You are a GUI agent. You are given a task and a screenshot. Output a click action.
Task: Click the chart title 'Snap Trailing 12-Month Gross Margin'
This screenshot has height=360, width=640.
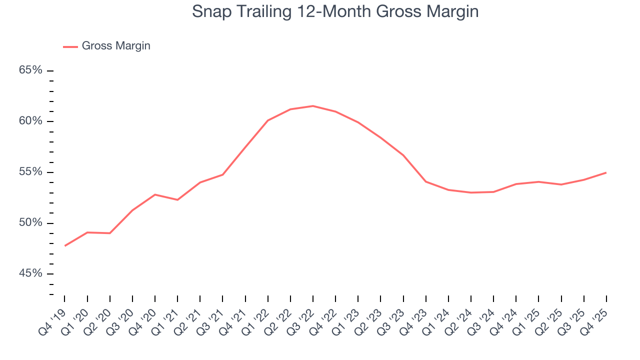coord(335,11)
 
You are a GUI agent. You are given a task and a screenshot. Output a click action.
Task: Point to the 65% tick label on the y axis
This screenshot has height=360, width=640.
coord(30,70)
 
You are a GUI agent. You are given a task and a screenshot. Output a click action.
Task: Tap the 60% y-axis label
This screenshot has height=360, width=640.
coord(30,121)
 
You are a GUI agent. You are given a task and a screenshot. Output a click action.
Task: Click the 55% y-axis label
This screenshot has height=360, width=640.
coord(30,172)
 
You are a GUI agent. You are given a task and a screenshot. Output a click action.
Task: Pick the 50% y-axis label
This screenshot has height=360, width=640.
coord(30,223)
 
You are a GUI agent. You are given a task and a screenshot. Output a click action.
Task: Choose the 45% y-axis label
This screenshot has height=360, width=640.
coord(30,274)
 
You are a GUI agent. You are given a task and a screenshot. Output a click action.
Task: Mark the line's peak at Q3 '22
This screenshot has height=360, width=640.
coord(313,106)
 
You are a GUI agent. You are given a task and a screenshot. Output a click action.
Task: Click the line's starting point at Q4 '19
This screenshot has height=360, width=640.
coord(65,245)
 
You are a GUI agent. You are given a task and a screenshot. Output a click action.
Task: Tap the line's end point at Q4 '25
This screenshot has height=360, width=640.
coord(606,172)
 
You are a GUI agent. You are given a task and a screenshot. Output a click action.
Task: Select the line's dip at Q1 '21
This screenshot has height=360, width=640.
coord(177,200)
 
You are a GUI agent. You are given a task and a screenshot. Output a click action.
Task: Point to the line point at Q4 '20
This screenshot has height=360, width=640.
coord(155,194)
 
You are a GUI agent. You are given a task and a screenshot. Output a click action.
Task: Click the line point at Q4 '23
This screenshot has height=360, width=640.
coord(426,181)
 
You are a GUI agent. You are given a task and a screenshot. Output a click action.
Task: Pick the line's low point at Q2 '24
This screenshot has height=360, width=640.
coord(471,192)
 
